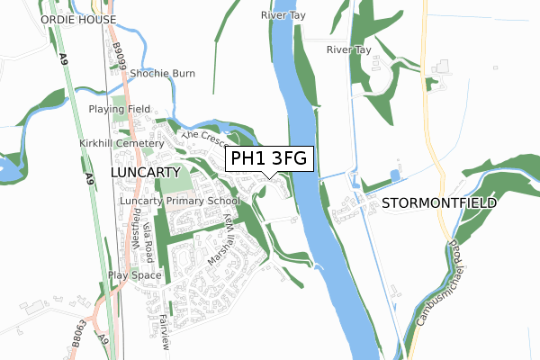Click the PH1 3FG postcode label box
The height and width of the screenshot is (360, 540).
coord(269,159)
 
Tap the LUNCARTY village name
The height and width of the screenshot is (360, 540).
coord(146,170)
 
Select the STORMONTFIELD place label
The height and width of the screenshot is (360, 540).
coord(439,203)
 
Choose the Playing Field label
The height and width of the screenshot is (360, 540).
coord(119,109)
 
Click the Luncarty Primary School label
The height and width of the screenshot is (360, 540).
coord(180,201)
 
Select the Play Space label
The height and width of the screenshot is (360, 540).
coord(134,274)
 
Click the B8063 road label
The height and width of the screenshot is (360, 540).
coord(83,335)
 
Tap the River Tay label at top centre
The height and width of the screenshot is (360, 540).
coord(279,15)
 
